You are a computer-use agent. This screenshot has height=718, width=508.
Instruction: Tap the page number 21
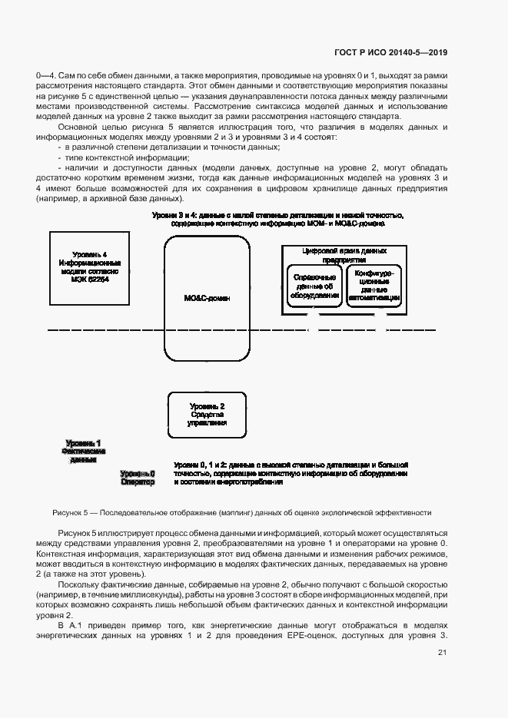[x=442, y=653]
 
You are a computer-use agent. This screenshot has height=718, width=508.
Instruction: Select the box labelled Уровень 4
[x=90, y=268]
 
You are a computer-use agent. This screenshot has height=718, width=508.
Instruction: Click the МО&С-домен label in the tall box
[x=208, y=297]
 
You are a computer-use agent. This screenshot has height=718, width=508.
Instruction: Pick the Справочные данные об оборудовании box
[x=314, y=285]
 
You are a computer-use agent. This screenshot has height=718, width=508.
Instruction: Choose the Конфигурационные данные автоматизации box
[x=374, y=285]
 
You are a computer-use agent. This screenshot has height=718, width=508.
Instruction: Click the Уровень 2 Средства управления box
[x=208, y=414]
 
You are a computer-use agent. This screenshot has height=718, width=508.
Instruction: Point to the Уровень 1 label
[x=83, y=443]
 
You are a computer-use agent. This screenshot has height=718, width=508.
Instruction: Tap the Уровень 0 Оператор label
[x=138, y=478]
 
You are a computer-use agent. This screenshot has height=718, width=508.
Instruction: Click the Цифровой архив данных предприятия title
[x=344, y=255]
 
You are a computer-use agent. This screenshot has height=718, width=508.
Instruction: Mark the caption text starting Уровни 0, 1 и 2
[x=291, y=473]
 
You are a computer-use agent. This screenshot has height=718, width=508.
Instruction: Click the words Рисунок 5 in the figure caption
[x=71, y=512]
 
